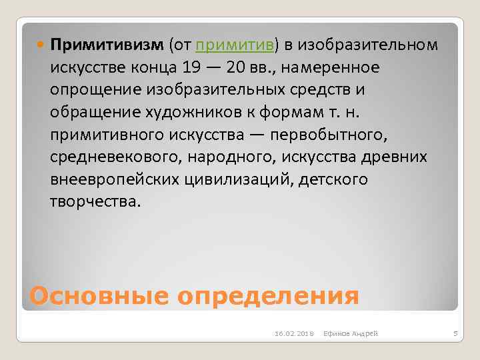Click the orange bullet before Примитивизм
coord(41,45)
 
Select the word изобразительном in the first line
coord(368,45)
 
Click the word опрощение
coord(90,90)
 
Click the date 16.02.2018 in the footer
coord(291,333)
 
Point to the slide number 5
coord(453,333)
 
